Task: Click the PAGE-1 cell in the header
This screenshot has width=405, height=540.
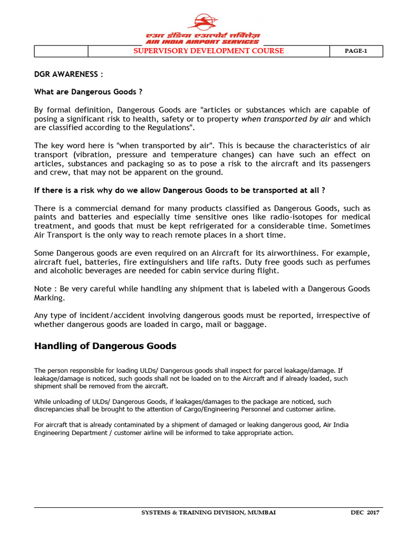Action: click(356, 51)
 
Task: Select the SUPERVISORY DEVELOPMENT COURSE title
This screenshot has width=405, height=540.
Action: click(208, 51)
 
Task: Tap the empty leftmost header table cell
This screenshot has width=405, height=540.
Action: click(61, 51)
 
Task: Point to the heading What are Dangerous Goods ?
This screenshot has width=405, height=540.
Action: click(88, 92)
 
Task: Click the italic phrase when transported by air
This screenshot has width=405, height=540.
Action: click(286, 119)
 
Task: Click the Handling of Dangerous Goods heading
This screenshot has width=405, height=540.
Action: click(105, 346)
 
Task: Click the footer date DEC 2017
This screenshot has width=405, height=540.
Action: click(365, 512)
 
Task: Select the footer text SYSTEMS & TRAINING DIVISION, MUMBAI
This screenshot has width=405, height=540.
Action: click(208, 512)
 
